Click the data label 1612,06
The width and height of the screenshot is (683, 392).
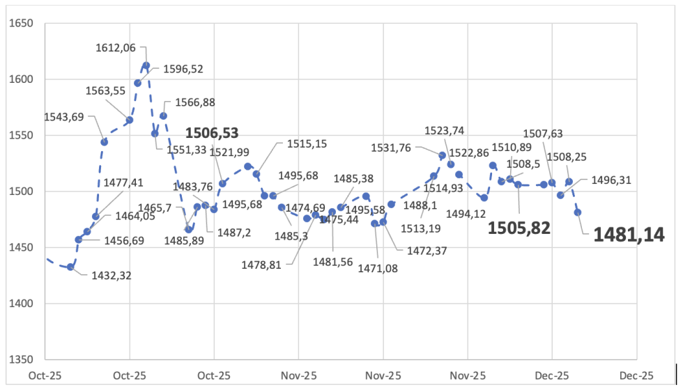tap(116, 48)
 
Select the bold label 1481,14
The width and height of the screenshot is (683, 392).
tap(629, 235)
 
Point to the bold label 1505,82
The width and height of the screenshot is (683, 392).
tap(519, 228)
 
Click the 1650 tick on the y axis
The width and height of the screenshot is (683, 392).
tap(21, 23)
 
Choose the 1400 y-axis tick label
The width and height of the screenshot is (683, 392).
tap(21, 304)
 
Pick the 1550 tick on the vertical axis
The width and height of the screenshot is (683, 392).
tap(21, 135)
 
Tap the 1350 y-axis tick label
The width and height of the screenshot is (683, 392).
tap(21, 360)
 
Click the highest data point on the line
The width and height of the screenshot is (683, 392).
tap(146, 65)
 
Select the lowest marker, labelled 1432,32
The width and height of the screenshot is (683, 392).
tap(70, 267)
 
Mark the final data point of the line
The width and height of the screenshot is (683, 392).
tap(578, 212)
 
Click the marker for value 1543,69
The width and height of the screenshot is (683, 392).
tap(105, 142)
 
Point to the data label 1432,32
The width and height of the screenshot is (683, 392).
tap(112, 276)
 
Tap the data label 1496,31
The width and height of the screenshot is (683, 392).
tap(611, 180)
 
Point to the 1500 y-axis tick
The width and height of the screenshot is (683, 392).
tap(21, 191)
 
